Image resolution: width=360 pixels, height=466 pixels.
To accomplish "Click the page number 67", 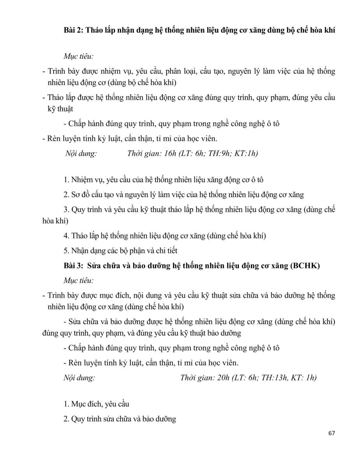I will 331,433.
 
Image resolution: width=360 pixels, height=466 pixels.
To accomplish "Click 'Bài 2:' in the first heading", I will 73,31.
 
